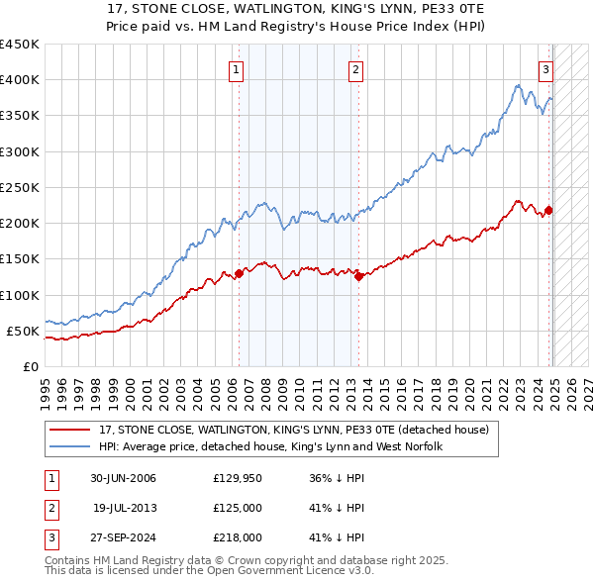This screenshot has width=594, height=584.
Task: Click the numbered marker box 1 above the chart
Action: pos(238,69)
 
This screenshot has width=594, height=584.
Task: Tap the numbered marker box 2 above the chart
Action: pos(354,69)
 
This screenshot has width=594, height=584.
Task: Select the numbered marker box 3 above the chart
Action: pos(545,69)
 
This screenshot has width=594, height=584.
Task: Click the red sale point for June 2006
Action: pos(239,273)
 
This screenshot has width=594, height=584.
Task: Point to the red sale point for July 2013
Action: pos(358,277)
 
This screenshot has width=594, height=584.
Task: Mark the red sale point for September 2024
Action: pos(548,210)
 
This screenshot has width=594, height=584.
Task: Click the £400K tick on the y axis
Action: pos(20,80)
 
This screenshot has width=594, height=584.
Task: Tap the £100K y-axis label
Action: pos(20,295)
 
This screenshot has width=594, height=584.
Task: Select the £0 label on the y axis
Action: pos(31,367)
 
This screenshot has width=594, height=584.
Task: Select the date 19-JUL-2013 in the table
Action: pos(124,508)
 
